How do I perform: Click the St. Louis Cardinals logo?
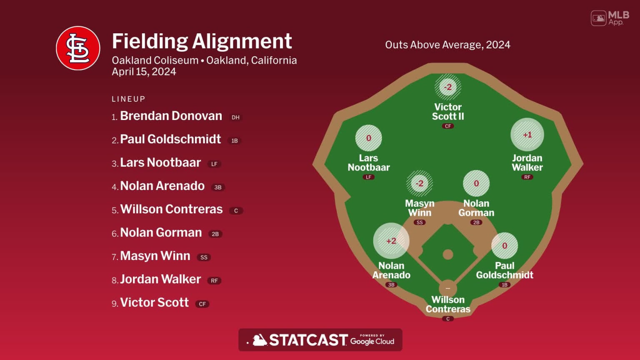78,48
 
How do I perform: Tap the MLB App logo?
610,18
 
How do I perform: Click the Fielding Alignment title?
202,41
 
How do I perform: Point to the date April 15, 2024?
144,72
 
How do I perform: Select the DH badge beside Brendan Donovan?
235,117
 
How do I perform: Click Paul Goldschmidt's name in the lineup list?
170,139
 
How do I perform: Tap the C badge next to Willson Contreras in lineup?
236,211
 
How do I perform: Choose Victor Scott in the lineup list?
154,302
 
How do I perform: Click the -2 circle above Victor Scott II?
448,87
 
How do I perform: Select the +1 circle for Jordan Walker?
527,135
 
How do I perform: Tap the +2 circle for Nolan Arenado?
391,241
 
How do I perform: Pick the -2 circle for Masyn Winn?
420,183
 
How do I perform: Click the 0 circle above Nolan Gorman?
476,183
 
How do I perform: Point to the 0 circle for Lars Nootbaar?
369,138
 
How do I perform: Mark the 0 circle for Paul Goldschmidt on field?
505,246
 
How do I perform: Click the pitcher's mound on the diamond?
448,254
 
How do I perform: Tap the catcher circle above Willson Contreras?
448,288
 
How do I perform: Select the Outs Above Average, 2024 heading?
447,45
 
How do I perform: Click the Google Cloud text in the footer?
372,341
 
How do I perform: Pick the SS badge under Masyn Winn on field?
420,222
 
